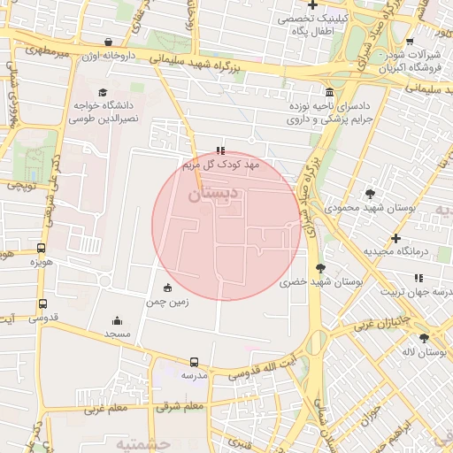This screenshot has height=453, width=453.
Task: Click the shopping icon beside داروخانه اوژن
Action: [x=108, y=41]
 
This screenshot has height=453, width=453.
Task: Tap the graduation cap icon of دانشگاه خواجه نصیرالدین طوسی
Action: [x=103, y=92]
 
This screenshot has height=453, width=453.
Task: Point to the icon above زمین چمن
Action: [x=168, y=287]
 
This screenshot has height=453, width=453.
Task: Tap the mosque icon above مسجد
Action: [x=117, y=320]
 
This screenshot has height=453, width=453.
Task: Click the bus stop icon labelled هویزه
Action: [x=42, y=248]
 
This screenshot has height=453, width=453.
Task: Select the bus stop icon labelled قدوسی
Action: [x=42, y=303]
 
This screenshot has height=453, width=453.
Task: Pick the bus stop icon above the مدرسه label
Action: [x=195, y=361]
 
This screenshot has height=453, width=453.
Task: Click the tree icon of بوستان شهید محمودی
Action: [x=370, y=194]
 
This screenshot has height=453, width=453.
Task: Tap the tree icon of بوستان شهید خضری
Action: [x=320, y=267]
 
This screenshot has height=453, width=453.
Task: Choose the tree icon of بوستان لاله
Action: [x=425, y=338]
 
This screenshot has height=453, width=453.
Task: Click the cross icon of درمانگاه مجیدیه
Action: [x=395, y=238]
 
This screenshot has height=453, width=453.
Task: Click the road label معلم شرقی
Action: [x=180, y=407]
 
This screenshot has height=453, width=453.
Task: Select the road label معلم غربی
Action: [x=106, y=410]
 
